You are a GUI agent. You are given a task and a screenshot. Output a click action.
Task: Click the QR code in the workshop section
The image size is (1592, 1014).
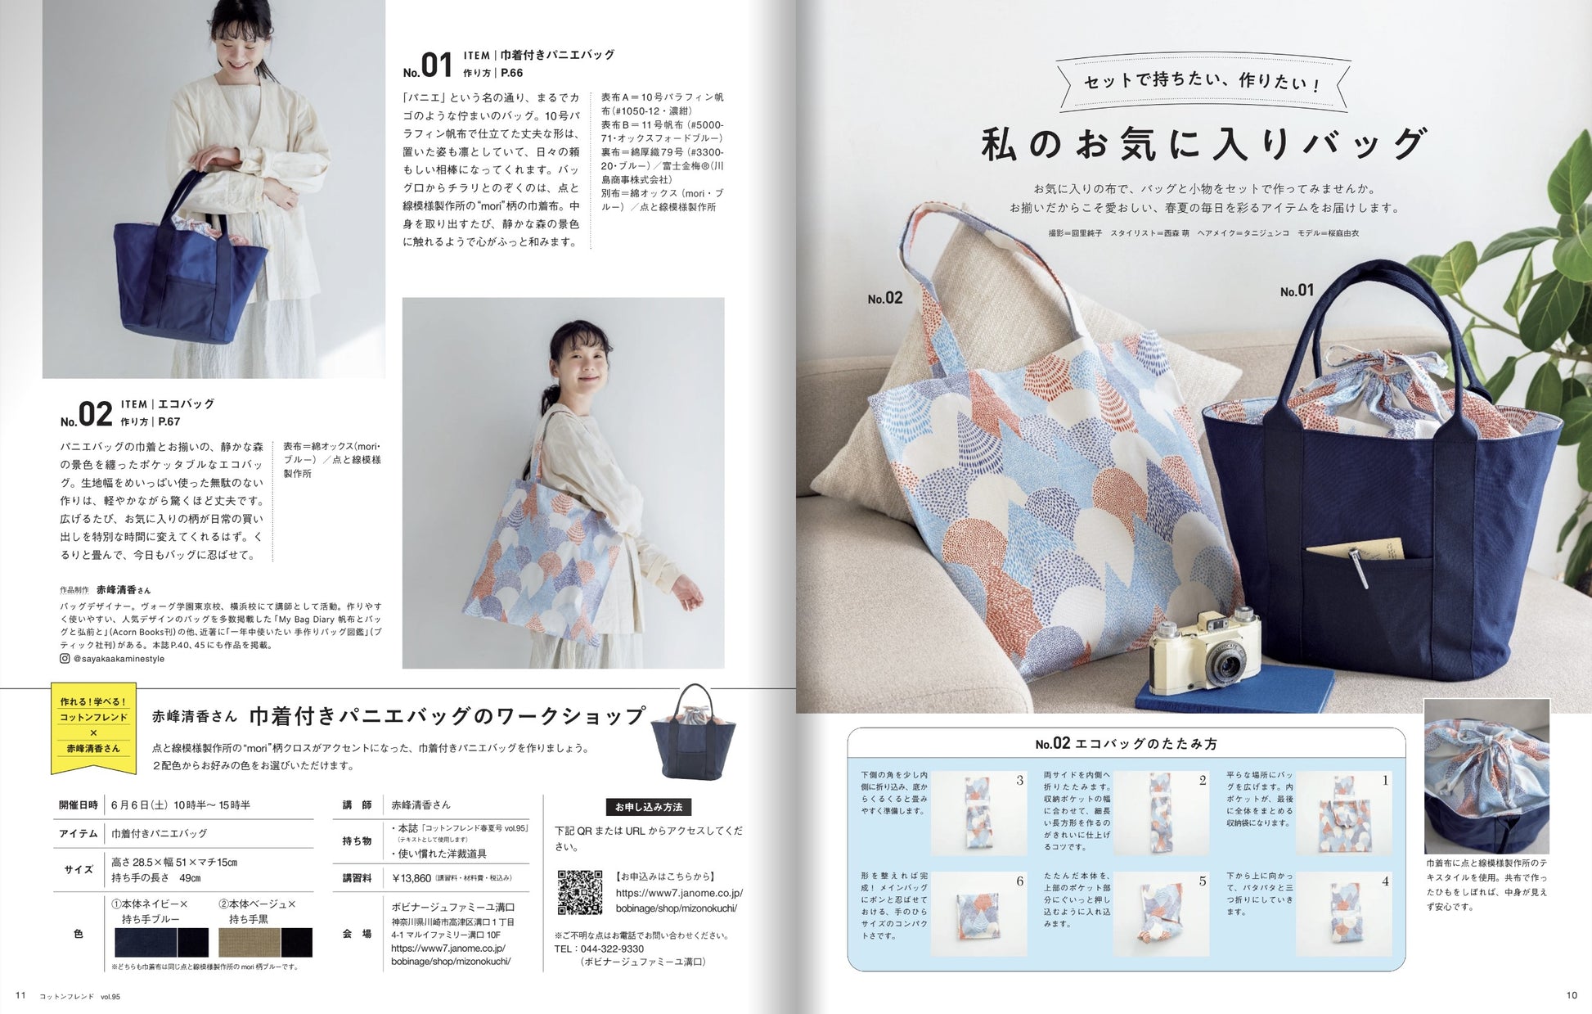coord(579,892)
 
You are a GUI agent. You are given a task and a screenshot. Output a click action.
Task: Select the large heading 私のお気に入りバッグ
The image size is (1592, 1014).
coord(1203,145)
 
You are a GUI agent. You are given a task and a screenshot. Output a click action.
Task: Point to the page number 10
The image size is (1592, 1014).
coord(1571,995)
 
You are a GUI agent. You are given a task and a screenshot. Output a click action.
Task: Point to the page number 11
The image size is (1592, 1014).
coord(21,995)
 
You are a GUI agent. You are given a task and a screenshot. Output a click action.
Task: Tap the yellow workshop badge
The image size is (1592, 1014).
coord(93,726)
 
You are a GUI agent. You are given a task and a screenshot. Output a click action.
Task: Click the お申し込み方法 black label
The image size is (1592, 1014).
coord(649,807)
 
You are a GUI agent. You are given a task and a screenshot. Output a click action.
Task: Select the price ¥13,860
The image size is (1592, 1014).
coord(411,878)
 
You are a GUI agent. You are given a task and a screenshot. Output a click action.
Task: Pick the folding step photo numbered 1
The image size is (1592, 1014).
coord(1342,814)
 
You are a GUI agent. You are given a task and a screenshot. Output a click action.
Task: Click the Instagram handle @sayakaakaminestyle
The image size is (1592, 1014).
coord(119,659)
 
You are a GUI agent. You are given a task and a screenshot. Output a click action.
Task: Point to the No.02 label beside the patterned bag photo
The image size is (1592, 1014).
coord(885,299)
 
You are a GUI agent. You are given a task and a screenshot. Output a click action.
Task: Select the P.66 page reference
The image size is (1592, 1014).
coord(511,73)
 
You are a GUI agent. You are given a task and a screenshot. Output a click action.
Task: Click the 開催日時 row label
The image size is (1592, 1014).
coord(79,804)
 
